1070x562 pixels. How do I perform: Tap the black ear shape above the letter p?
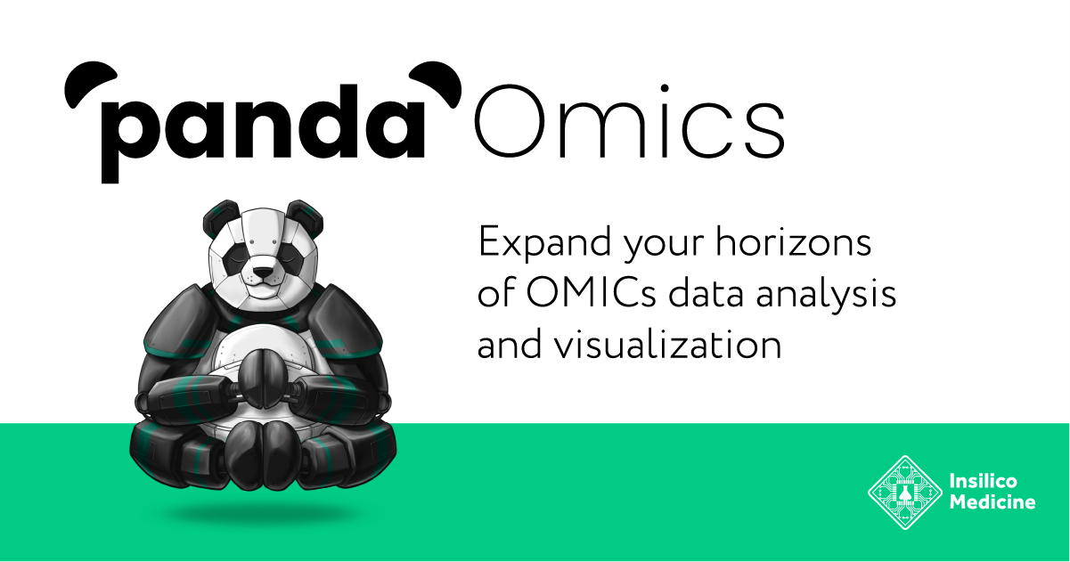point(86,84)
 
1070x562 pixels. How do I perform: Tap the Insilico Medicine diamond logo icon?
point(905,492)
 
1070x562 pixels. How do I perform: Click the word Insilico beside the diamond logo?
point(984,482)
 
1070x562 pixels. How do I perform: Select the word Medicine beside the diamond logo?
point(992,502)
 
